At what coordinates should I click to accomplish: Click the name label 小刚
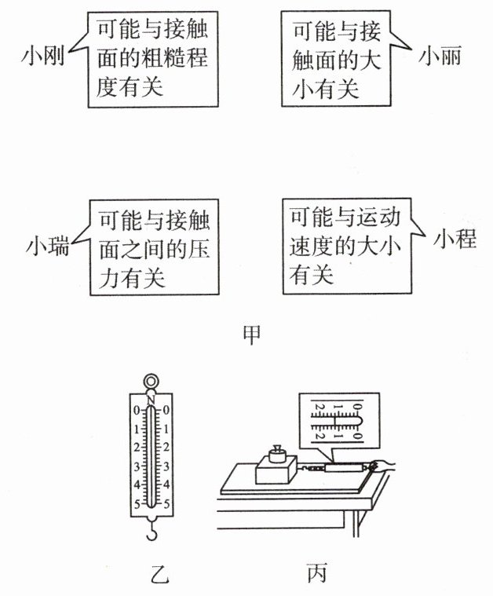pyautogui.click(x=42, y=57)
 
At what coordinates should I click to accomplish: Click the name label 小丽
pyautogui.click(x=440, y=56)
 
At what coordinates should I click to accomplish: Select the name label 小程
pyautogui.click(x=455, y=239)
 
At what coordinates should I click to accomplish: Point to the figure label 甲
pyautogui.click(x=252, y=335)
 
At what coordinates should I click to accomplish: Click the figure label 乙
pyautogui.click(x=159, y=573)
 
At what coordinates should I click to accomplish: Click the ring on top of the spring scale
pyautogui.click(x=151, y=382)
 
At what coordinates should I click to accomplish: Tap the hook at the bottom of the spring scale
pyautogui.click(x=152, y=532)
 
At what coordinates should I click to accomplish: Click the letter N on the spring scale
pyautogui.click(x=151, y=400)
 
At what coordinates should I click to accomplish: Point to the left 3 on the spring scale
pyautogui.click(x=137, y=466)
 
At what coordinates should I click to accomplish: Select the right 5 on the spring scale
pyautogui.click(x=166, y=504)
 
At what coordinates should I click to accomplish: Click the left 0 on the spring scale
pyautogui.click(x=137, y=411)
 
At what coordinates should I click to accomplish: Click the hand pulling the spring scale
pyautogui.click(x=382, y=466)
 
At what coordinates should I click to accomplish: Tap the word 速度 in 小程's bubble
pyautogui.click(x=312, y=246)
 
